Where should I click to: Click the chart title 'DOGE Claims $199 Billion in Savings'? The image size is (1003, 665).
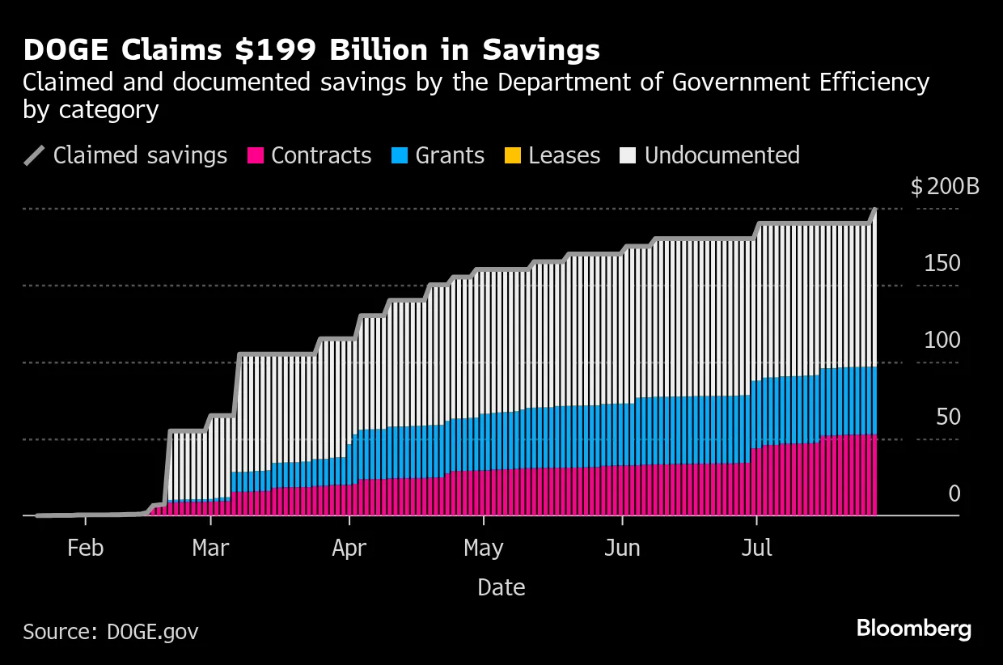tap(311, 50)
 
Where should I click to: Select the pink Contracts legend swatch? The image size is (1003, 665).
tap(256, 155)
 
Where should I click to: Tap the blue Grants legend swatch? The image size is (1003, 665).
tap(400, 155)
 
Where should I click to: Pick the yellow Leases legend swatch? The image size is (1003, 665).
tap(514, 155)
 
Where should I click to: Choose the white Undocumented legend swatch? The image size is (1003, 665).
tap(629, 155)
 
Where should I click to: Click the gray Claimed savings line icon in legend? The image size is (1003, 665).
tap(36, 155)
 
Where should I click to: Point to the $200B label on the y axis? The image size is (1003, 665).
tap(945, 187)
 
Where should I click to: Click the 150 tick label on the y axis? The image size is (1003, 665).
tap(942, 264)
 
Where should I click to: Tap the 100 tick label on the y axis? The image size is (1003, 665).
tap(942, 341)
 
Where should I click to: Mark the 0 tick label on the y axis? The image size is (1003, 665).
tap(954, 494)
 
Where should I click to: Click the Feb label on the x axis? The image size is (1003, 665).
tap(85, 549)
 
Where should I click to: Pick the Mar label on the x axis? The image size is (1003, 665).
tap(210, 549)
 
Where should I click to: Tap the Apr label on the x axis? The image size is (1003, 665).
tap(349, 549)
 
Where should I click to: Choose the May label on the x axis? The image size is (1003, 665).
tap(484, 549)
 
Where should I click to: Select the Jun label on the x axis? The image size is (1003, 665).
tap(622, 549)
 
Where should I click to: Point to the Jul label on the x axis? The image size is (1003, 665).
tap(757, 549)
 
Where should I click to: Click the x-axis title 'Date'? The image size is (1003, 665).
tap(501, 587)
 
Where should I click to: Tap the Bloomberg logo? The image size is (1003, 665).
tap(913, 629)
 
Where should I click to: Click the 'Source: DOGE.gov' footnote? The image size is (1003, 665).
tap(110, 631)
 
